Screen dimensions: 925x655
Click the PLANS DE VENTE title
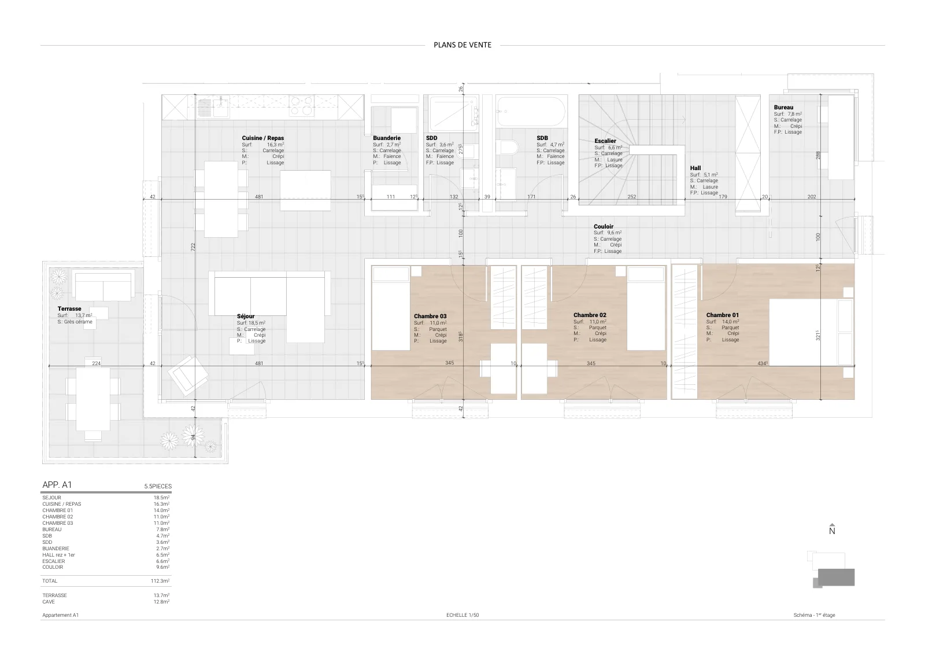pos(462,45)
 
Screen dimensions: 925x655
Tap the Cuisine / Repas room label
pos(262,138)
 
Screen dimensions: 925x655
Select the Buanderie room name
pos(387,138)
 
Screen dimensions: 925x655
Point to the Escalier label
pos(605,141)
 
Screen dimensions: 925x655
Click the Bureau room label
pos(783,108)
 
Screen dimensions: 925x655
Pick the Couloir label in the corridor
pos(604,226)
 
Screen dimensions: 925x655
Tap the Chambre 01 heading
pos(723,315)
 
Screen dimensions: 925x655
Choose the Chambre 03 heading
pos(430,316)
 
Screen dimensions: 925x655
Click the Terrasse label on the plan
pos(69,309)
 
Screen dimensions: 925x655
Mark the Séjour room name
pos(246,316)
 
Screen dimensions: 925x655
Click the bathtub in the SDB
pos(531,112)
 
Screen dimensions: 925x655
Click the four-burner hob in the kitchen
pos(301,105)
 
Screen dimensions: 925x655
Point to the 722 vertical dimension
pos(193,247)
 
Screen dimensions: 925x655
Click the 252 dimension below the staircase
pos(632,197)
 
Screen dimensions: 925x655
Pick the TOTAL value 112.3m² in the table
pos(160,581)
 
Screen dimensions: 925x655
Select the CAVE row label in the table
pos(49,602)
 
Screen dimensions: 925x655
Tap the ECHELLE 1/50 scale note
pos(462,615)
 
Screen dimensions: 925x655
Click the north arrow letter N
pos(832,531)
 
